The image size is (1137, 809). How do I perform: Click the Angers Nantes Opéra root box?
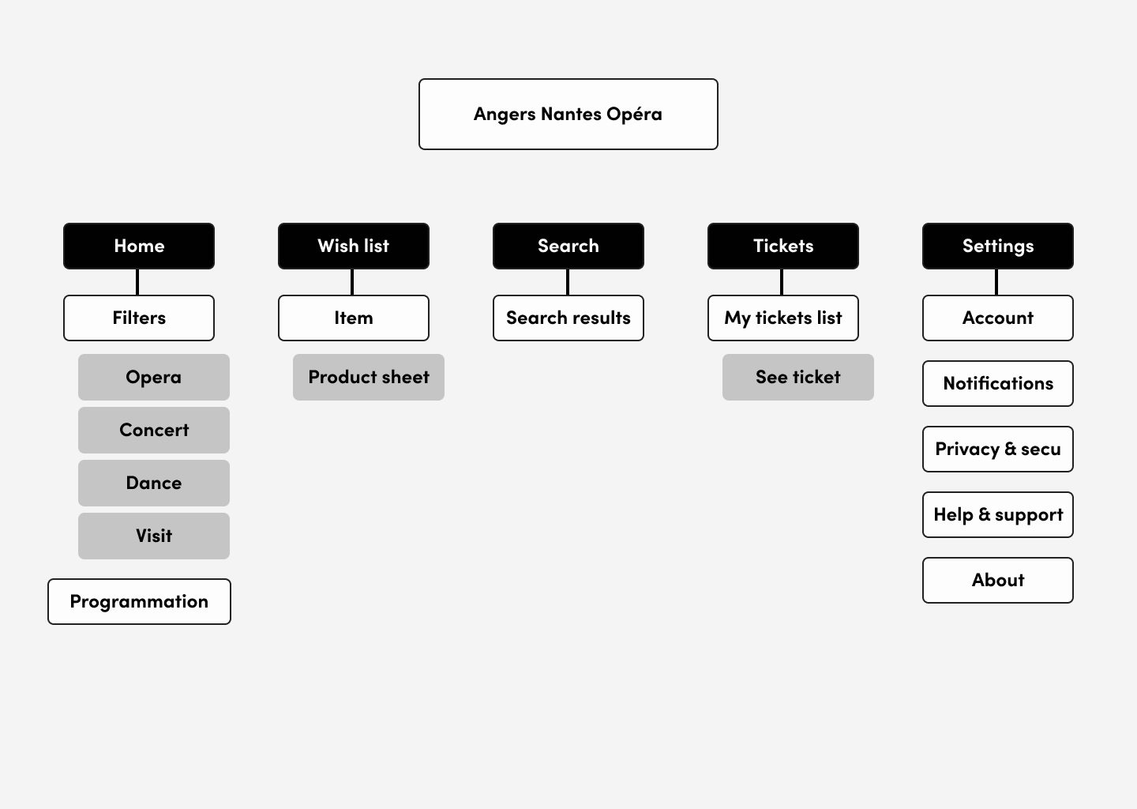(x=568, y=115)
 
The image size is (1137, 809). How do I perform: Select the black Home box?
(x=139, y=246)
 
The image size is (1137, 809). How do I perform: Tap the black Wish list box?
(x=353, y=246)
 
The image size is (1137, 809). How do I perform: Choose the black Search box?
(x=568, y=246)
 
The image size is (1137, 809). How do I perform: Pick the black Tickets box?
(x=782, y=246)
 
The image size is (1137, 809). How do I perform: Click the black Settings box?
(x=997, y=246)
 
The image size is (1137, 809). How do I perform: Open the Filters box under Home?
(x=139, y=318)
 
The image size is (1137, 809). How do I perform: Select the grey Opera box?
(x=154, y=378)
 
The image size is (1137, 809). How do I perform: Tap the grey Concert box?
(x=154, y=430)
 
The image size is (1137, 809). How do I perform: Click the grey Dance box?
(x=154, y=483)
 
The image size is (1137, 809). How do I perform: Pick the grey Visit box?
(x=154, y=536)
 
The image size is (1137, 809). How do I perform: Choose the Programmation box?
(x=139, y=602)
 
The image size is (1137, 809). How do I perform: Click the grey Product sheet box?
(x=369, y=378)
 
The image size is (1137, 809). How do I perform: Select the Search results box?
(x=568, y=318)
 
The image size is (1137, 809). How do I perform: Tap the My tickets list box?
(x=782, y=318)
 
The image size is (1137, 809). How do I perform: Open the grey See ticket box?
(x=798, y=378)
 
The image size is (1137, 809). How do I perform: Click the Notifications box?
(x=997, y=383)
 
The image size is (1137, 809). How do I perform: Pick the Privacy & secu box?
(x=997, y=449)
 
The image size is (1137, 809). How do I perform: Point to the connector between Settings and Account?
(x=996, y=282)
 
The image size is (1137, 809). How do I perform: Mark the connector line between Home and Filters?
(x=137, y=282)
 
